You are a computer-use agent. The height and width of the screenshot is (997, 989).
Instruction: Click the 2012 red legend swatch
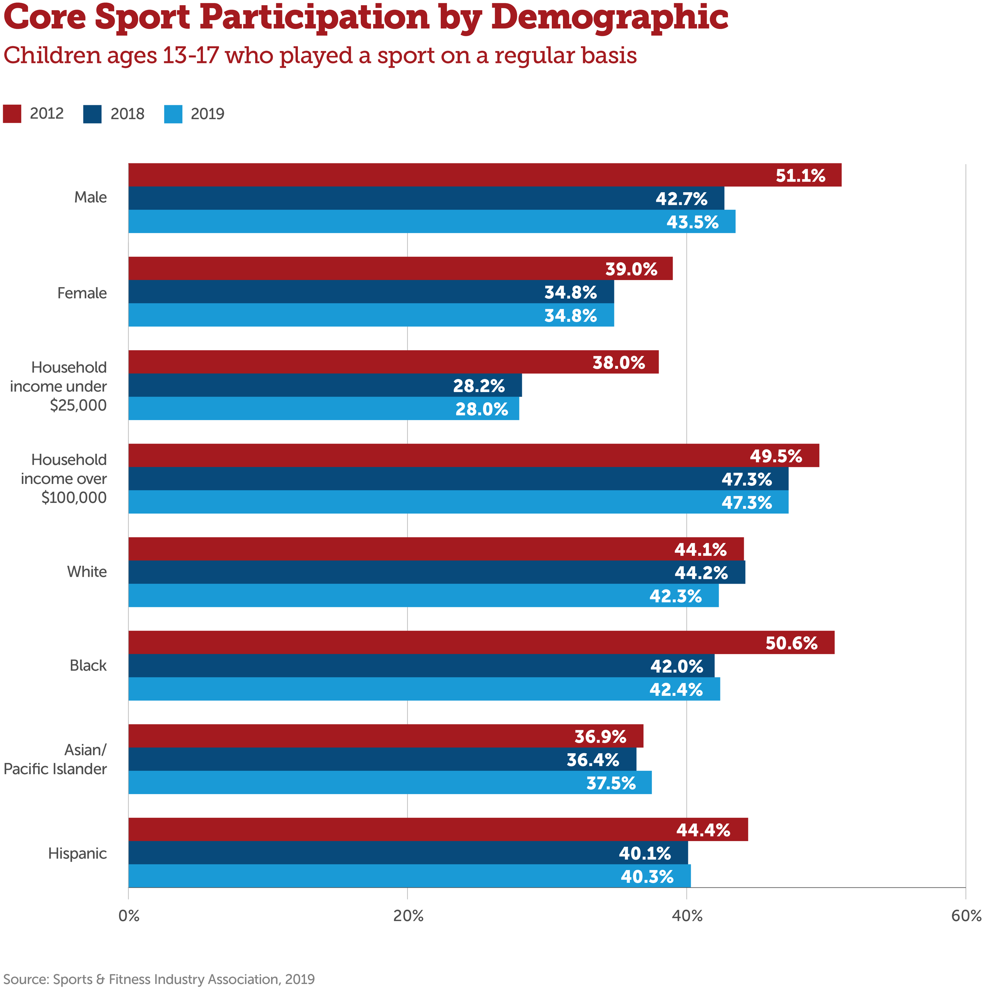coord(12,114)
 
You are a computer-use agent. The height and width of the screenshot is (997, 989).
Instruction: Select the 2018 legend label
coord(127,114)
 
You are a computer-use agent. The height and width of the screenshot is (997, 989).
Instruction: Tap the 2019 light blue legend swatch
coord(173,114)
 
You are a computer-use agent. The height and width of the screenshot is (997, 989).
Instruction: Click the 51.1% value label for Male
coord(800,176)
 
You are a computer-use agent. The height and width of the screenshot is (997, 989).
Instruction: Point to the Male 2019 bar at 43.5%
coord(431,222)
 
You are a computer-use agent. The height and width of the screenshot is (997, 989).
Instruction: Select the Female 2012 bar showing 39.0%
coord(400,268)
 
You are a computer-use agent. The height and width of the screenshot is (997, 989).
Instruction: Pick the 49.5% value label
coord(775,456)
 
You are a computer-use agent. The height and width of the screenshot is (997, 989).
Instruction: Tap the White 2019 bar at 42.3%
coord(423,595)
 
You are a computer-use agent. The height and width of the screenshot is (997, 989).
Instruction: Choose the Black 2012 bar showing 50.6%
coord(481,643)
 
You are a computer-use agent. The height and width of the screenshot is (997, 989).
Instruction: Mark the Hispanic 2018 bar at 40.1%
coord(407,853)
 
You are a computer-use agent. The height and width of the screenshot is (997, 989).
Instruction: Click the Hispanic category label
coord(78,853)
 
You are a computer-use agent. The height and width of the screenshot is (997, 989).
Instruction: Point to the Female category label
coord(82,293)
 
